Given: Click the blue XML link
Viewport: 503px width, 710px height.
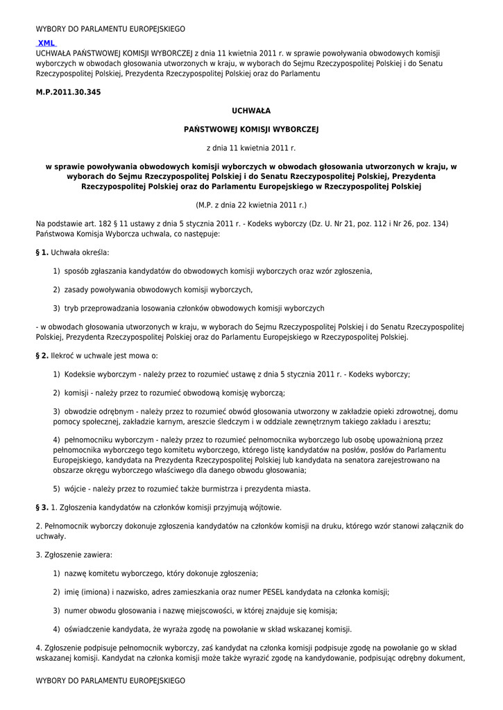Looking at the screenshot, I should pyautogui.click(x=46, y=43).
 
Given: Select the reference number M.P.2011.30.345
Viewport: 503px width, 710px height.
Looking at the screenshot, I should pyautogui.click(x=63, y=92).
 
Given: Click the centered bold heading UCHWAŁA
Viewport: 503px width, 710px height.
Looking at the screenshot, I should pyautogui.click(x=250, y=111).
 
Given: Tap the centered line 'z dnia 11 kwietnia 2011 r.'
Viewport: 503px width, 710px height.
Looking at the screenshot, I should pyautogui.click(x=250, y=148).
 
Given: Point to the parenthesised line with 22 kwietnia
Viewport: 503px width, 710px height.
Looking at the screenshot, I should pyautogui.click(x=250, y=205).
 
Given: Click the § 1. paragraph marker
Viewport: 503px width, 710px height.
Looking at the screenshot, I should pyautogui.click(x=42, y=252).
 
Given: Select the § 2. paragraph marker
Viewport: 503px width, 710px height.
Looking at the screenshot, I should pyautogui.click(x=42, y=356).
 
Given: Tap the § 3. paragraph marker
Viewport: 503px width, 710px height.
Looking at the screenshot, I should pyautogui.click(x=42, y=508).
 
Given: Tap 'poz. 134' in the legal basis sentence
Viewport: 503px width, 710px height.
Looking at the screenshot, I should pyautogui.click(x=432, y=224).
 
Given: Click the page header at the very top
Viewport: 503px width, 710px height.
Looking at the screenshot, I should pyautogui.click(x=110, y=29).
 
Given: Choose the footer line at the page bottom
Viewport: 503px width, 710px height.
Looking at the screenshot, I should pyautogui.click(x=110, y=681).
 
